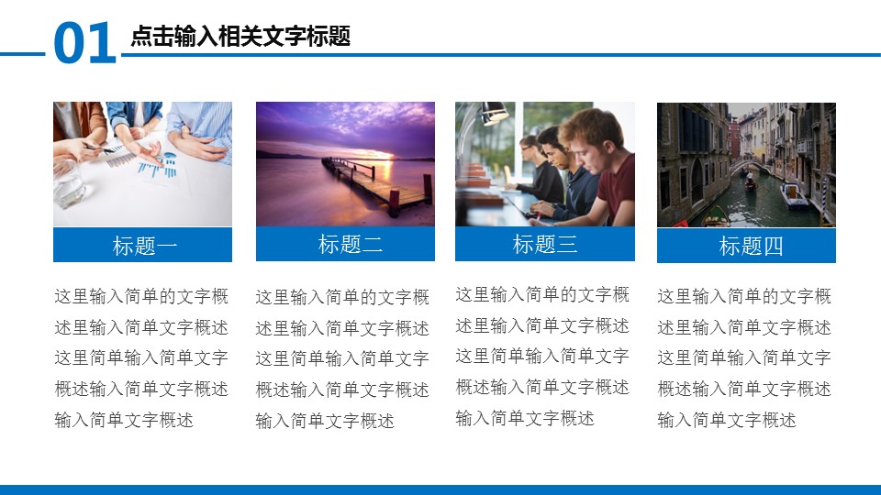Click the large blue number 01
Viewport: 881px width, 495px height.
pos(84,43)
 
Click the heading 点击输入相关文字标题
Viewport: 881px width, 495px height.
pos(240,37)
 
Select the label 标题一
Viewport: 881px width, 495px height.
pos(145,247)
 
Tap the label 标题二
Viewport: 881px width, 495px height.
pos(350,244)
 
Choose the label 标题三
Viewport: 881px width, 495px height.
pos(545,244)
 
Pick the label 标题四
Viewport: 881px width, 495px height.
pos(751,247)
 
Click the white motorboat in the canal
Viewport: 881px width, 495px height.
pos(793,196)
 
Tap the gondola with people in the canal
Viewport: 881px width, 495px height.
pos(750,183)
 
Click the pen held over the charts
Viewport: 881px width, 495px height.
pos(99,148)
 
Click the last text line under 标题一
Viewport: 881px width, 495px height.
pos(124,421)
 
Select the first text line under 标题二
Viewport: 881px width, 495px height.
pos(342,297)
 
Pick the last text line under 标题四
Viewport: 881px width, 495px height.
pos(727,421)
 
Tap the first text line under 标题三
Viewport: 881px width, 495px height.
pos(542,295)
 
